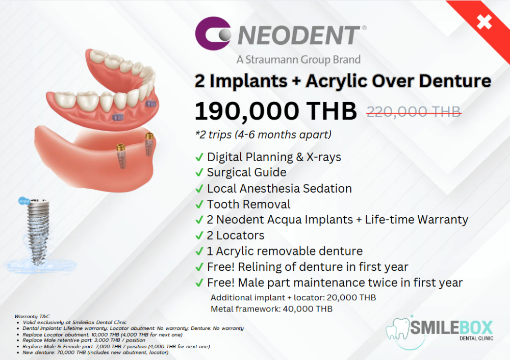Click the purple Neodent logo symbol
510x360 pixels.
click(x=213, y=33)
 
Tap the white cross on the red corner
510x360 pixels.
click(x=484, y=22)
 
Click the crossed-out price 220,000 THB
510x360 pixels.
click(x=414, y=112)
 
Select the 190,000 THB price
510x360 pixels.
click(x=275, y=111)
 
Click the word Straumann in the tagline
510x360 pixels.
click(x=272, y=60)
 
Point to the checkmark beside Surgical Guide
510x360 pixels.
click(x=199, y=172)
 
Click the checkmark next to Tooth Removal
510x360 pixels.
click(x=199, y=204)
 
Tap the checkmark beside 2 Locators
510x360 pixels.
click(x=199, y=236)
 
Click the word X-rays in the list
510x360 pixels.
click(x=324, y=157)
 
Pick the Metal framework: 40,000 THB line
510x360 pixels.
click(x=272, y=308)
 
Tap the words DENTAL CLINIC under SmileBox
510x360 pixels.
click(x=476, y=338)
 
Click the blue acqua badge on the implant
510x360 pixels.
click(x=24, y=201)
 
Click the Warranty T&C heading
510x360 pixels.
click(x=32, y=316)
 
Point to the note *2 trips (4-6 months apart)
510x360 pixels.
click(x=263, y=134)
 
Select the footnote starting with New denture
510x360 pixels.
click(x=95, y=352)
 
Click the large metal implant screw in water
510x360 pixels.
click(x=38, y=231)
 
